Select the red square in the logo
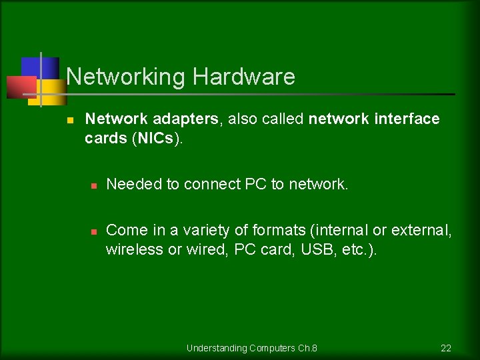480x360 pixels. (20, 87)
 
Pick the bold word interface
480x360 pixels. (407, 119)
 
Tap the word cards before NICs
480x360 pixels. (107, 138)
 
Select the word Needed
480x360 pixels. (134, 184)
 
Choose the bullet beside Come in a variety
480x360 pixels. (94, 231)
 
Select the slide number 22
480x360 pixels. (446, 348)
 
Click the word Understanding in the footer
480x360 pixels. (217, 348)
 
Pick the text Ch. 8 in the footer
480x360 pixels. (307, 348)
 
